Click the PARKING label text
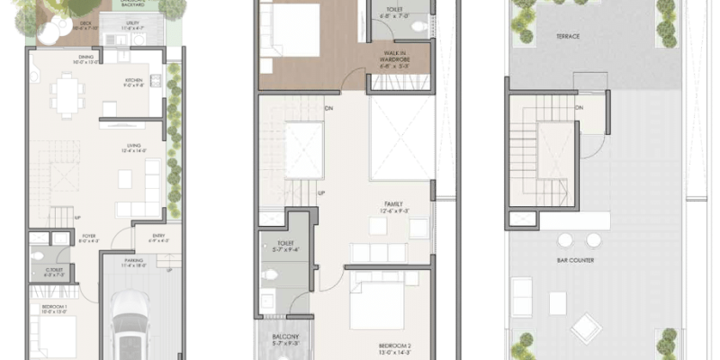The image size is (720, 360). point(134,263)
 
